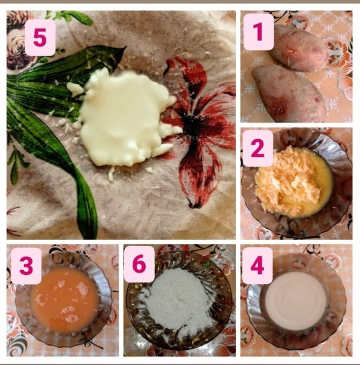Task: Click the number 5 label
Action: (40, 38)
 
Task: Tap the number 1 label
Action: (259, 32)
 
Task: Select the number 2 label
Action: (258, 148)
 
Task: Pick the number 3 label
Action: (26, 266)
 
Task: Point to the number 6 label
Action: (139, 264)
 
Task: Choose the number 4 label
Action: (257, 265)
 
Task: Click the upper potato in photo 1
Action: (299, 49)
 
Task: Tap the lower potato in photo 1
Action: (289, 94)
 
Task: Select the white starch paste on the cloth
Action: (125, 118)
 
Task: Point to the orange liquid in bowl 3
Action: (65, 300)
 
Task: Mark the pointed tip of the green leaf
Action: (125, 47)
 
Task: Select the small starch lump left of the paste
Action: (74, 89)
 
